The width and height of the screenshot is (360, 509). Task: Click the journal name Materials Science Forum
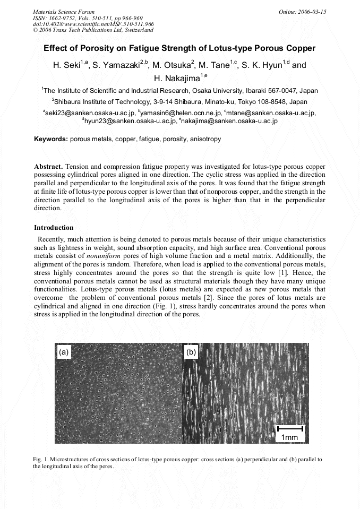click(x=64, y=12)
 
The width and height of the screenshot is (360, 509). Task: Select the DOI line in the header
click(x=93, y=24)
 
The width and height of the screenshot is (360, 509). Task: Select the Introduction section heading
click(x=54, y=228)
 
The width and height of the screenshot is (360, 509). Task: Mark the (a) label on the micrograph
click(x=64, y=352)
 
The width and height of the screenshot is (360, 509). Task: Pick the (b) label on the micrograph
click(x=191, y=352)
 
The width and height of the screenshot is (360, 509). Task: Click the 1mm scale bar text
click(x=290, y=437)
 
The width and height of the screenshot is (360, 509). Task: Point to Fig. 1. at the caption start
click(x=40, y=459)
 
